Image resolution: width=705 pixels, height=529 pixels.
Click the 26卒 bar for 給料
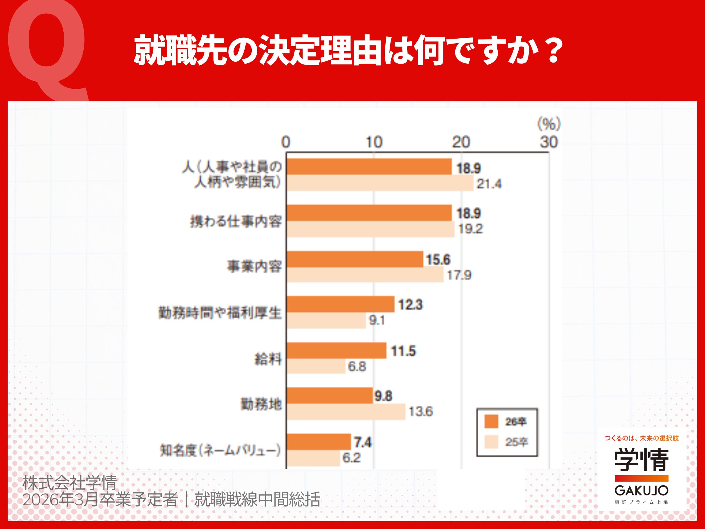337,351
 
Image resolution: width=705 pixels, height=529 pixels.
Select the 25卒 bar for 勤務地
346,412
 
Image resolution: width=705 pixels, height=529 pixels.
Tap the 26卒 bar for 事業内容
355,259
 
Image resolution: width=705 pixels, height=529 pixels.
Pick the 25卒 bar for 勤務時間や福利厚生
326,320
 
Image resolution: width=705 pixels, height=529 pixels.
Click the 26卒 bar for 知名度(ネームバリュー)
319,442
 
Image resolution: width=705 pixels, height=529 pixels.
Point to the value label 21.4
489,184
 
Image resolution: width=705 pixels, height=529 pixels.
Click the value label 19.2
470,229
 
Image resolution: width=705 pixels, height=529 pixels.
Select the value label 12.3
410,305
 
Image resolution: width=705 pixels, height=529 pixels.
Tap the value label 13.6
421,412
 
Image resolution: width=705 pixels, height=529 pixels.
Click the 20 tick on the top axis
461,142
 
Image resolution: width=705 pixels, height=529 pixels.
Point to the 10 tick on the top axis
373,142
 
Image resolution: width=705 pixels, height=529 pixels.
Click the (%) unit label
549,124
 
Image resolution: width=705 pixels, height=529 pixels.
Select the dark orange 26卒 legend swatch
491,422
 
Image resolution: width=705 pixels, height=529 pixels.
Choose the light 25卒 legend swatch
491,442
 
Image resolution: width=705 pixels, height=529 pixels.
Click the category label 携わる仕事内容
236,222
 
